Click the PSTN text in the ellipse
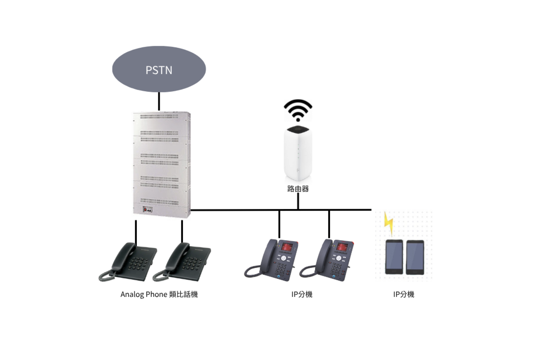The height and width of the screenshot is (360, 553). coord(159,70)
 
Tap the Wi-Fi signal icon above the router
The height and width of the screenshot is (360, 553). coord(298,110)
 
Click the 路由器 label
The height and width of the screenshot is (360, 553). coord(298,189)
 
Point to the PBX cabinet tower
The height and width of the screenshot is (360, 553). coord(161,164)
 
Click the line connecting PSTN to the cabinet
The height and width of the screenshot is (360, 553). coord(159,101)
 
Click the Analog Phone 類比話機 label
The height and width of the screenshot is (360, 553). coord(159,294)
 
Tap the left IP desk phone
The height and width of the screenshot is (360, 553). coord(273,260)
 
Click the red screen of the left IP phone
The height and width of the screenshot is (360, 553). coord(289,247)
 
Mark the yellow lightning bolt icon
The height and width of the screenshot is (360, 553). coord(388,223)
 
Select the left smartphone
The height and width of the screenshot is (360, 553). coord(394,257)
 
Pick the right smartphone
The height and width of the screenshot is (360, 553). coord(415,257)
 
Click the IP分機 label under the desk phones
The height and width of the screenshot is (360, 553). coord(302,294)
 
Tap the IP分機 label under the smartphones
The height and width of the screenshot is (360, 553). coord(404,294)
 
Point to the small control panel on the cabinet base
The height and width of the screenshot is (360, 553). coord(147,210)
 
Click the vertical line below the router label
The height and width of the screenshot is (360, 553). coord(298,201)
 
